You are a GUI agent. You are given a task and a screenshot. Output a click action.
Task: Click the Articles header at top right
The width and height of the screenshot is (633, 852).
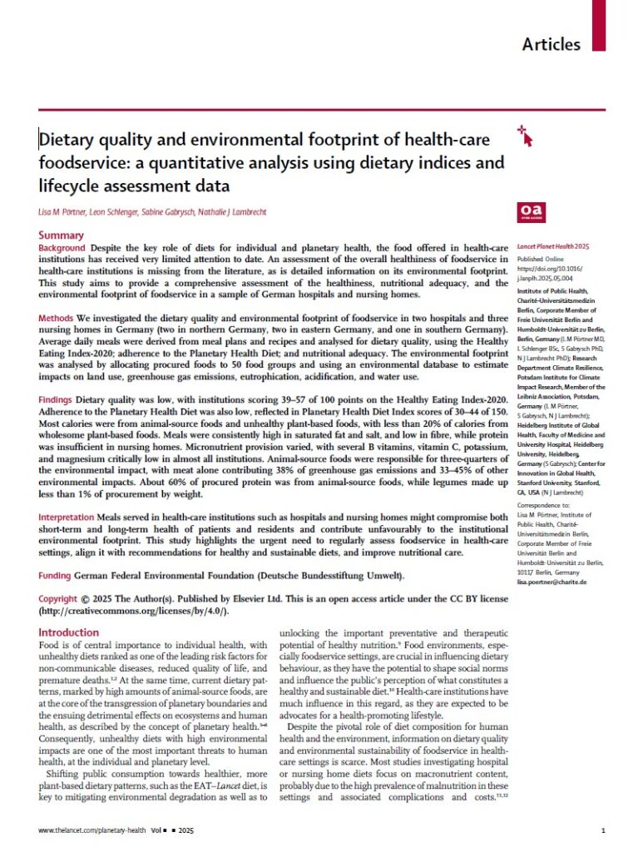point(551,43)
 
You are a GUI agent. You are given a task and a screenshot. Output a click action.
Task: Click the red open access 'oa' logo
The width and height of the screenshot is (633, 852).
point(530,211)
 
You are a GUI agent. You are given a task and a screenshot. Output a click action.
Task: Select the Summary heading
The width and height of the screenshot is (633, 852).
point(62,235)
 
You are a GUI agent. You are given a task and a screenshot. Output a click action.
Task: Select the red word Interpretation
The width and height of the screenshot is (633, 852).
point(71,517)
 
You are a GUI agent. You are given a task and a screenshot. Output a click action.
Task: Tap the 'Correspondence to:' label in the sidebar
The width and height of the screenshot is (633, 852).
point(545,528)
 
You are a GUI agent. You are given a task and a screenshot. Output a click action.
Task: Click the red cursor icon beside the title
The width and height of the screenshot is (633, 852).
point(524,136)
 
